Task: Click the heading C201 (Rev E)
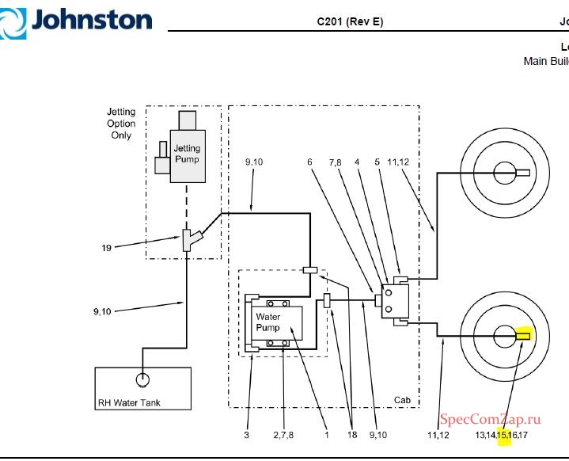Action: [x=350, y=21]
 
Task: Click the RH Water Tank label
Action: [x=128, y=402]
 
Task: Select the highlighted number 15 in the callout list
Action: [x=503, y=435]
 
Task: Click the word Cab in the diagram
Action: [x=403, y=401]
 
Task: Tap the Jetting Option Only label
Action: [x=121, y=124]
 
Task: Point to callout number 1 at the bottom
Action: [x=326, y=435]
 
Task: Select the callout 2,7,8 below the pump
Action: [x=283, y=435]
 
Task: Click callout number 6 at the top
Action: [x=309, y=162]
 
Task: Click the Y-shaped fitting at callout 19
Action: [x=188, y=238]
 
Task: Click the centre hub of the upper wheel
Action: [x=502, y=173]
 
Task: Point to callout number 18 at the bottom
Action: [x=351, y=435]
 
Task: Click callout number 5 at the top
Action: [x=377, y=162]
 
